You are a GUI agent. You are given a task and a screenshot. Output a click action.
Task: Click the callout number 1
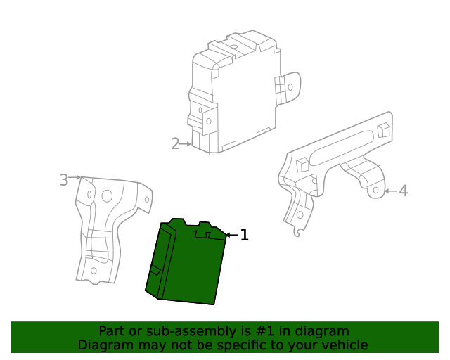244,235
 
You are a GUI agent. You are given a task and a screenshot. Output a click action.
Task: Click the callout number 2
175,143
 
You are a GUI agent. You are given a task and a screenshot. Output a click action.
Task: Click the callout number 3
64,180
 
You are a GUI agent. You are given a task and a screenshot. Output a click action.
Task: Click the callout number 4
403,191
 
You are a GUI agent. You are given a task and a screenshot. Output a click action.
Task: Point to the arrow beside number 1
231,235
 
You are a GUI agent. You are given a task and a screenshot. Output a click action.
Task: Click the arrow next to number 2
187,143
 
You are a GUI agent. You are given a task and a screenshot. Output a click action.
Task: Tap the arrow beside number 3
76,179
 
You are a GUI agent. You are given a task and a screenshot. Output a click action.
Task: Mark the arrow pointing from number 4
390,191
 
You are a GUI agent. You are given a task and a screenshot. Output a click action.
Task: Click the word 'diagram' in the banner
321,331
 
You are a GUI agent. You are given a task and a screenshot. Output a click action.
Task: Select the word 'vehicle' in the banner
343,345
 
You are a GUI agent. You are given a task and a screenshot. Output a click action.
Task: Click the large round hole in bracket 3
107,196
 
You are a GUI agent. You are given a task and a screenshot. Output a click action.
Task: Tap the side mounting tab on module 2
290,88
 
